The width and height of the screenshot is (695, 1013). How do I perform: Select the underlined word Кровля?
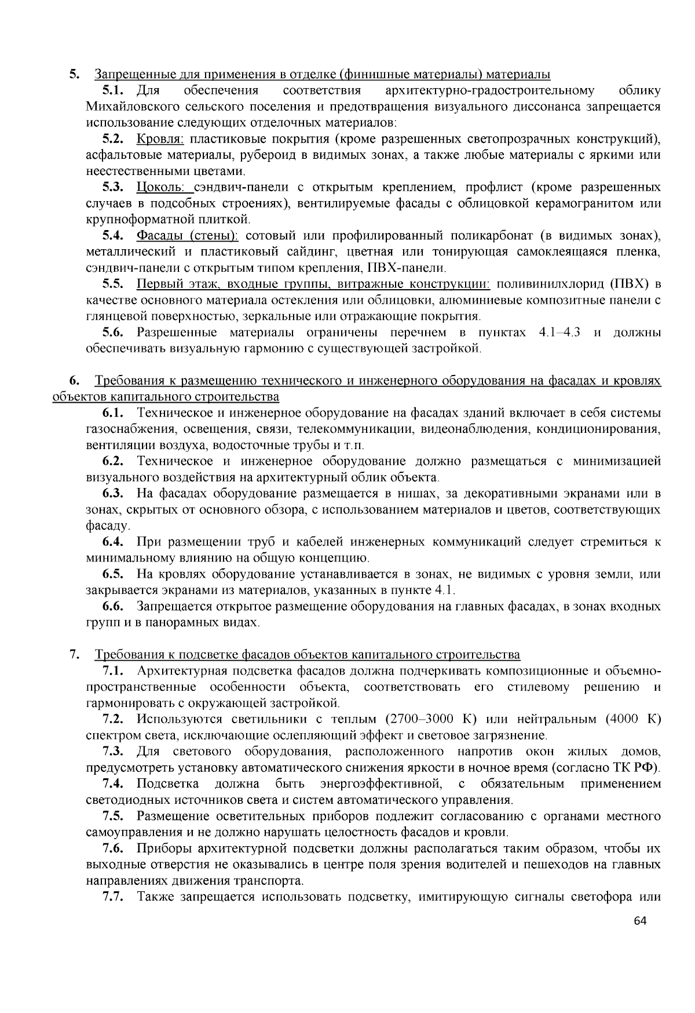click(x=160, y=139)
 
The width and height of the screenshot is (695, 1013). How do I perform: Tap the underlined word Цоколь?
click(x=160, y=187)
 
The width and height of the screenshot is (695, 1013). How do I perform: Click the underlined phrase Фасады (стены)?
click(x=188, y=235)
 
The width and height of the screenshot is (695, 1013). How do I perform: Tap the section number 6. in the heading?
click(x=74, y=381)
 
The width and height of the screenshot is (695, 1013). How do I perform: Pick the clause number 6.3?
click(x=114, y=494)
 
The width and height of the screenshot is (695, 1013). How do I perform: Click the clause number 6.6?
click(x=114, y=607)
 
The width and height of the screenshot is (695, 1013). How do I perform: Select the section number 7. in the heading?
click(x=74, y=655)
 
